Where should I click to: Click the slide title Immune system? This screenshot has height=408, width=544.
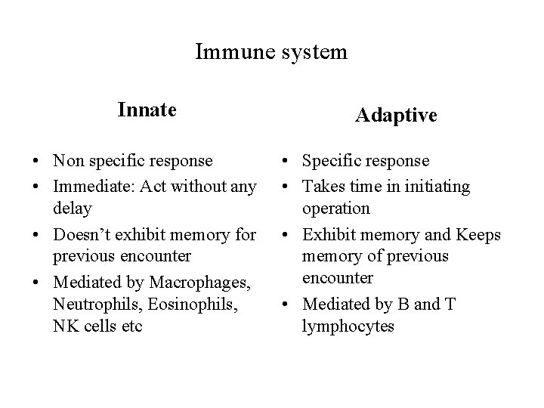tap(271, 52)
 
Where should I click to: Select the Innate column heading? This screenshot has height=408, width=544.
tap(147, 110)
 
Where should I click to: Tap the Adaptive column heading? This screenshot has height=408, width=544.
tap(396, 116)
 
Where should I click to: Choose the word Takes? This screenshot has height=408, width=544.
tap(326, 186)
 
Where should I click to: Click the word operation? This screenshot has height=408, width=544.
tap(335, 208)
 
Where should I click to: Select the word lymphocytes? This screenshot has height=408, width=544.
tap(348, 327)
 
